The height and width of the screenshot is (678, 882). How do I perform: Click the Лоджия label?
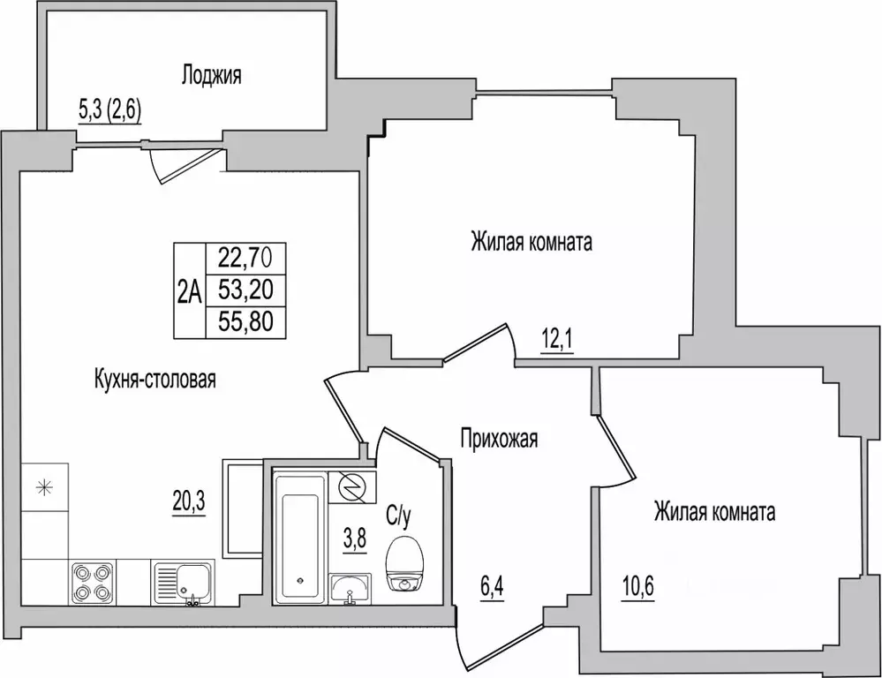click(x=211, y=75)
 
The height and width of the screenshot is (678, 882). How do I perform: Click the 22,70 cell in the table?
click(x=246, y=259)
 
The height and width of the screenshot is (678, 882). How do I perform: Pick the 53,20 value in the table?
click(x=246, y=290)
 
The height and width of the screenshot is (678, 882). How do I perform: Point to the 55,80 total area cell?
click(x=246, y=322)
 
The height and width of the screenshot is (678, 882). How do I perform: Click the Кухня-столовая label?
click(x=155, y=380)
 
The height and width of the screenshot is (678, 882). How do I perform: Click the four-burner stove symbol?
click(x=93, y=583)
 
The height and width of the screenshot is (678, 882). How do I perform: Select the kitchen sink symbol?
click(x=183, y=584)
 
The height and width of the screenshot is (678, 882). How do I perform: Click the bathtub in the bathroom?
click(x=299, y=538)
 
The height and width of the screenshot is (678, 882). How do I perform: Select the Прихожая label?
click(x=499, y=438)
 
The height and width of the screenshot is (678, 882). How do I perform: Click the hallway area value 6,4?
click(x=492, y=589)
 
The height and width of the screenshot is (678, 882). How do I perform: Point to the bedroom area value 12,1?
click(x=557, y=341)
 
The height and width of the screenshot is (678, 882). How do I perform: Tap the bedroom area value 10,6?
click(x=637, y=589)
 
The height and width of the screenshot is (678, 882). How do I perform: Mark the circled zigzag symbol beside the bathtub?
click(x=352, y=486)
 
